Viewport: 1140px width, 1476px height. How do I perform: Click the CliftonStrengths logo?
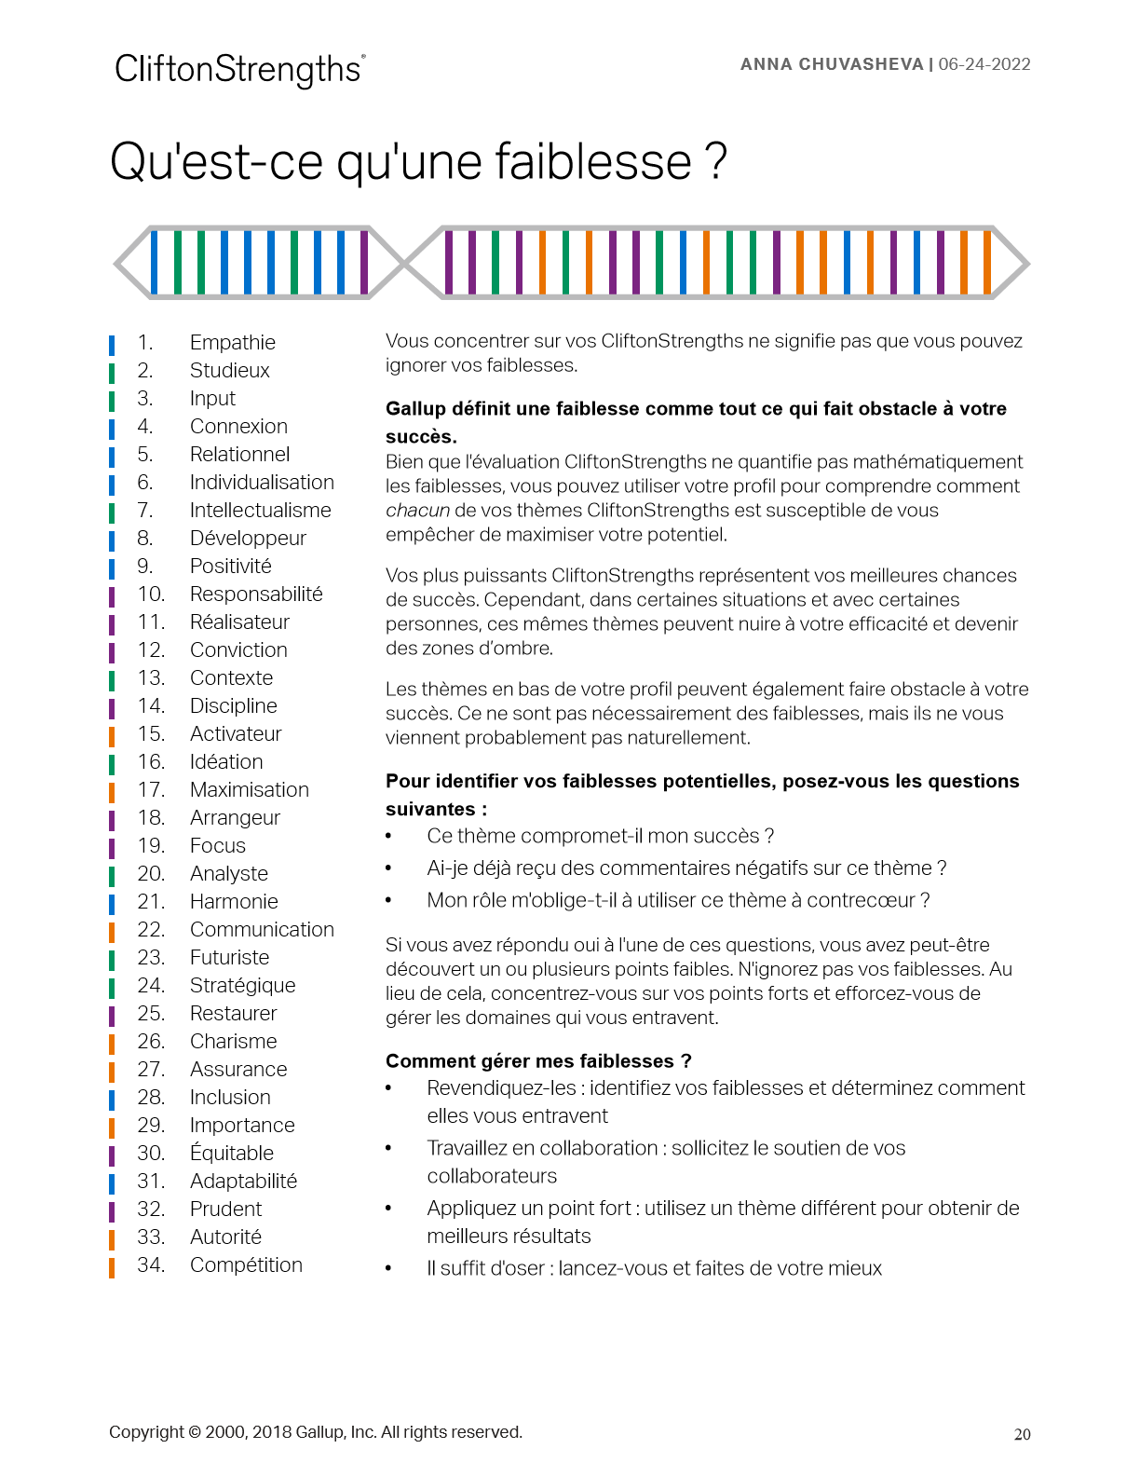tap(239, 70)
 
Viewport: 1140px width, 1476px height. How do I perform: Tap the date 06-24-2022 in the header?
tap(984, 64)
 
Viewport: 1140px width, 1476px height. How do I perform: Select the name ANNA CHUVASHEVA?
tap(831, 64)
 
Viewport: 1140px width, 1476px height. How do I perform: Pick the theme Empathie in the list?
tap(232, 343)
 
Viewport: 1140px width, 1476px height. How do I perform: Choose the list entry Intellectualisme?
tap(260, 511)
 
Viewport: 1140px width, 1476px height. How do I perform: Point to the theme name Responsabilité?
tap(256, 594)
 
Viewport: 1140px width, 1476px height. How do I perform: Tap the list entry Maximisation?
tap(249, 790)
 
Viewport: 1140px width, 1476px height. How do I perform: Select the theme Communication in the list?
tap(262, 930)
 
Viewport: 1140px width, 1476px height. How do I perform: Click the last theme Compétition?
tap(246, 1265)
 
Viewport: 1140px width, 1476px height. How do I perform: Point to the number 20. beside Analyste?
tap(151, 874)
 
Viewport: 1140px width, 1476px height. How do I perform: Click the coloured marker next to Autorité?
tap(112, 1238)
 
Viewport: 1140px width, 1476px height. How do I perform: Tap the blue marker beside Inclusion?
tap(112, 1099)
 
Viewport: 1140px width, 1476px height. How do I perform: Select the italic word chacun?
tap(417, 511)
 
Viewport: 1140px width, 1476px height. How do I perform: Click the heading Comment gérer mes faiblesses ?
tap(538, 1061)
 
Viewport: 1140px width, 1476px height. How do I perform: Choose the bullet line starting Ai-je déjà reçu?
tap(686, 868)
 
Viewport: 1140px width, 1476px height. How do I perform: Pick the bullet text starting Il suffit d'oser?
tap(654, 1268)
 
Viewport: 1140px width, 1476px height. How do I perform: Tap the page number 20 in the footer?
tap(1022, 1435)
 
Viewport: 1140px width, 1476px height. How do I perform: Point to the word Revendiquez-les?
tap(501, 1088)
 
